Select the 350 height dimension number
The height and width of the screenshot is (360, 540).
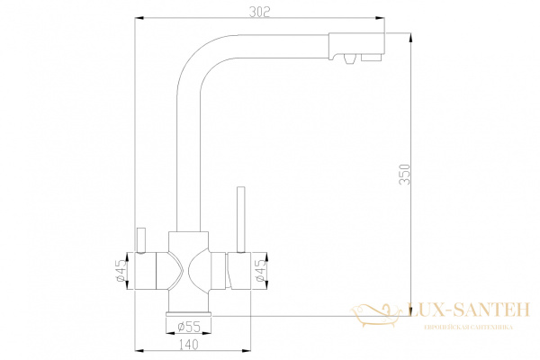pos(406,175)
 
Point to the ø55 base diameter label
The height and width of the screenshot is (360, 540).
pos(189,326)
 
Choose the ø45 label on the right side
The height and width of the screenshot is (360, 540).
pos(259,272)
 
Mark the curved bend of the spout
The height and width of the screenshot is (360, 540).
pos(198,54)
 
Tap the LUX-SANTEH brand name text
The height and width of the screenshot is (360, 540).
pos(469,310)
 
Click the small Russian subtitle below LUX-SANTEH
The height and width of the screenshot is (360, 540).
pos(469,327)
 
